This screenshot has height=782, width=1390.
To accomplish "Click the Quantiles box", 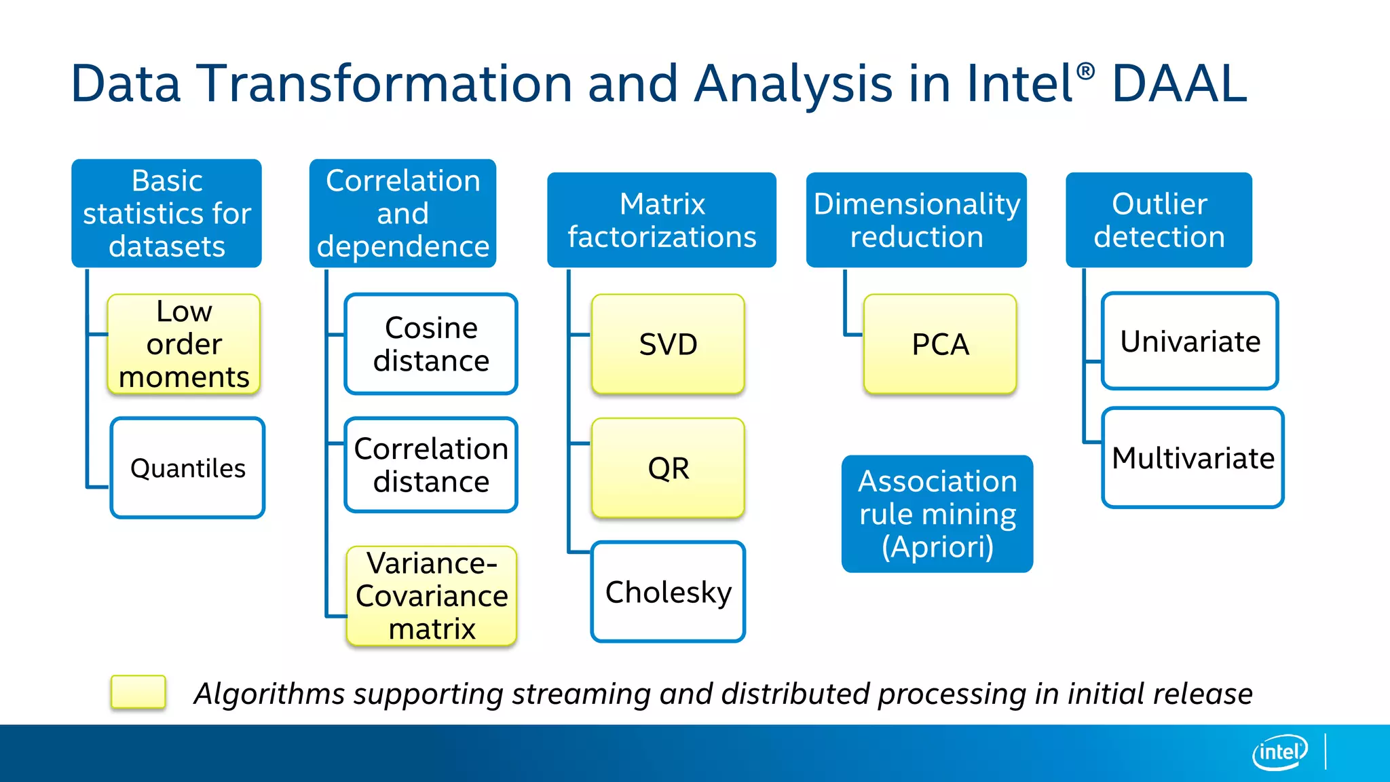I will click(187, 468).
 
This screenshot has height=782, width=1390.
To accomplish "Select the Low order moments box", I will click(184, 344).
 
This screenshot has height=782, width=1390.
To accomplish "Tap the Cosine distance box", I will click(431, 344).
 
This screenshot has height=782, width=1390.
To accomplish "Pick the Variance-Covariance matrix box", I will click(432, 596).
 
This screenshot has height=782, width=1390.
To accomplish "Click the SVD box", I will click(668, 344).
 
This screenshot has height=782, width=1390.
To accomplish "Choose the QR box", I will click(668, 468).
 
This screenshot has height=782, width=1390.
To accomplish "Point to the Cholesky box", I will click(668, 592).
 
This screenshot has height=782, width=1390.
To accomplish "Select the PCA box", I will click(940, 344).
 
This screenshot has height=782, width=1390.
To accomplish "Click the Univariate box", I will click(1190, 341).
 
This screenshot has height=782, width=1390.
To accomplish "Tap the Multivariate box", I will click(1192, 458).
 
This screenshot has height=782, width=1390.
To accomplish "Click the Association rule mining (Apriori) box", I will click(937, 514).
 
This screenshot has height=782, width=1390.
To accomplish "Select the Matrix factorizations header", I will click(662, 220).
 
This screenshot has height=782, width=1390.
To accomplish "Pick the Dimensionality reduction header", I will click(916, 220).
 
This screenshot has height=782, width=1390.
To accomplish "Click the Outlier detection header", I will click(1159, 220).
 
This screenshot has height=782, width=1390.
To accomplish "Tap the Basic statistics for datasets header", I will click(166, 213).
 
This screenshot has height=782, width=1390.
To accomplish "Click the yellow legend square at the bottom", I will click(138, 692).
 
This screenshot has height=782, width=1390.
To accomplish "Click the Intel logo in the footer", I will click(1279, 752).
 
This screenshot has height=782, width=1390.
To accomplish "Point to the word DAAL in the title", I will click(1180, 83).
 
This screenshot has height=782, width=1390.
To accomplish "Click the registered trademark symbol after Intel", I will click(1085, 71).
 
